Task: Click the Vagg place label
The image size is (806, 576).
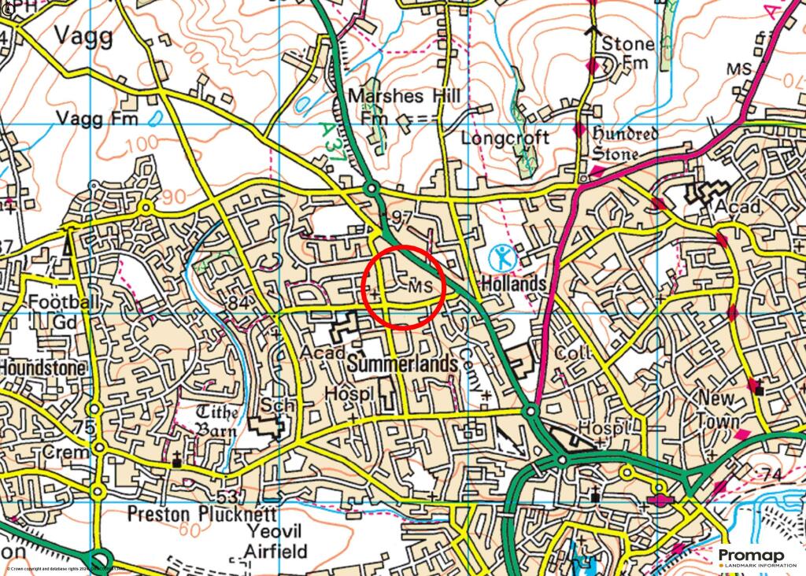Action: pyautogui.click(x=83, y=35)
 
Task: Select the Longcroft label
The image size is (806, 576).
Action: pyautogui.click(x=505, y=138)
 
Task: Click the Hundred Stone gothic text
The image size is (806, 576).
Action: pyautogui.click(x=624, y=144)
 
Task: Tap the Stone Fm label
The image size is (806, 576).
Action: pyautogui.click(x=627, y=52)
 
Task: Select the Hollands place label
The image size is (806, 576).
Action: pyautogui.click(x=513, y=282)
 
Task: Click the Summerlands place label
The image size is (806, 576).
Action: pyautogui.click(x=401, y=364)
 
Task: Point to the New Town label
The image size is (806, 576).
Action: pyautogui.click(x=719, y=410)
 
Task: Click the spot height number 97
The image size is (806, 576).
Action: pyautogui.click(x=401, y=216)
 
